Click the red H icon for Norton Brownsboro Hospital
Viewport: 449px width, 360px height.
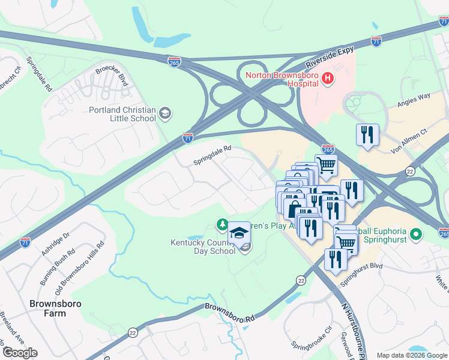[328, 77]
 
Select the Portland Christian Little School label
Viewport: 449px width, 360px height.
[122, 114]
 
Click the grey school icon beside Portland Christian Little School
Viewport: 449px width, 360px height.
[165, 112]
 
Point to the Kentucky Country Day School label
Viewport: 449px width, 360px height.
[203, 247]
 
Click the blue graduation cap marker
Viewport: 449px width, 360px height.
[238, 233]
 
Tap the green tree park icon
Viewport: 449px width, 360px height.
[221, 224]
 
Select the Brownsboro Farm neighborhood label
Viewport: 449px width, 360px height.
[55, 309]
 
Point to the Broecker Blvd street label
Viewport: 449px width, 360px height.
[112, 76]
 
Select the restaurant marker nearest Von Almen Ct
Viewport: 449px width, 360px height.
[367, 135]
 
